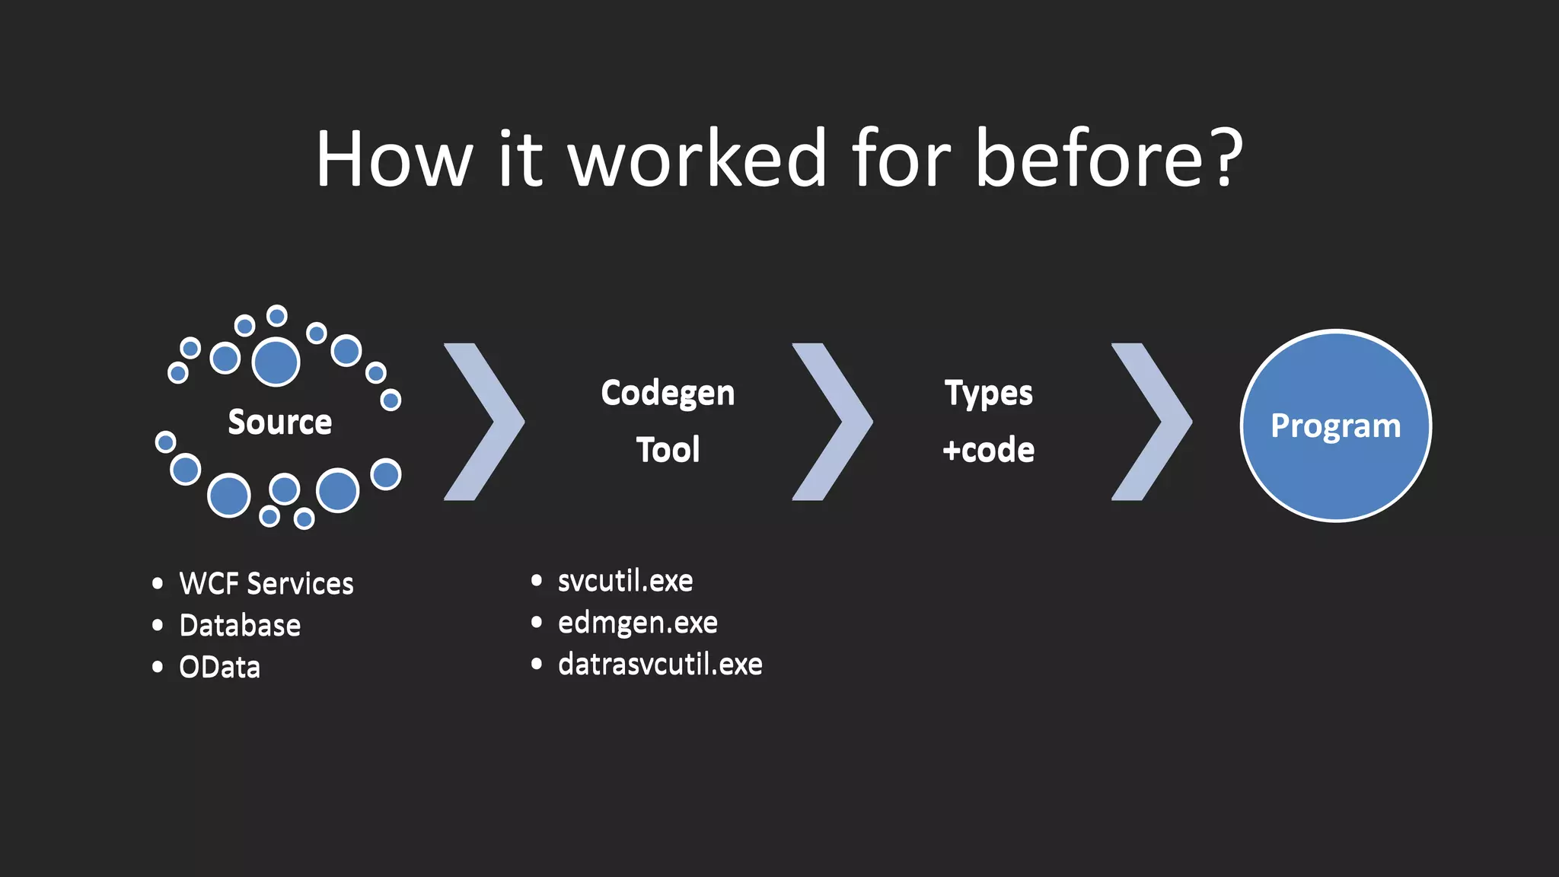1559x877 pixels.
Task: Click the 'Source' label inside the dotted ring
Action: pyautogui.click(x=280, y=422)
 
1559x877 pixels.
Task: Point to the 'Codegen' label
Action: pyautogui.click(x=668, y=394)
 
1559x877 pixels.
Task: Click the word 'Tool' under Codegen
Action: pyautogui.click(x=668, y=450)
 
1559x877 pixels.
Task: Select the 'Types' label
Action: pyautogui.click(x=988, y=394)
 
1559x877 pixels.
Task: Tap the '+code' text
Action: pyautogui.click(x=988, y=450)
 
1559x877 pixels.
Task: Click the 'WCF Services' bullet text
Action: pyautogui.click(x=266, y=584)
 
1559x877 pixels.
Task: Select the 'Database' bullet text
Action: pyautogui.click(x=240, y=626)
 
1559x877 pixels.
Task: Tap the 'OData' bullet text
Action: pyautogui.click(x=220, y=668)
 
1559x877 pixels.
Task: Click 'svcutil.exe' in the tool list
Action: pyautogui.click(x=625, y=581)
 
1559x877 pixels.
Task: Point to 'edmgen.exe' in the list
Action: pyautogui.click(x=637, y=623)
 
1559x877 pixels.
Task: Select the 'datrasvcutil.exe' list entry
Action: pyautogui.click(x=660, y=665)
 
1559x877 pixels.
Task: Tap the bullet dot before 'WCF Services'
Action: pyautogui.click(x=158, y=584)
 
